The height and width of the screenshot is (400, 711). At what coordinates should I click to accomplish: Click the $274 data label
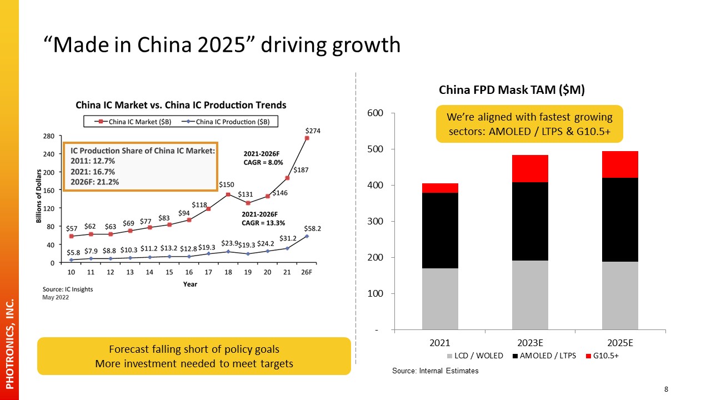click(313, 131)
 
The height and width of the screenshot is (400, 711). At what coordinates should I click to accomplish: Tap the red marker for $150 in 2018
click(228, 194)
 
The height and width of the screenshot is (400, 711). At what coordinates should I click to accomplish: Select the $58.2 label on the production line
click(313, 228)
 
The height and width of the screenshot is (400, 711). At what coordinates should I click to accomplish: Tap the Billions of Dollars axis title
click(39, 199)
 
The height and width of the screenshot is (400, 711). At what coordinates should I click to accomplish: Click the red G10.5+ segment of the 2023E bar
click(530, 168)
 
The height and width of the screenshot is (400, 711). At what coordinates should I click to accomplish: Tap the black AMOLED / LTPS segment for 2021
click(440, 231)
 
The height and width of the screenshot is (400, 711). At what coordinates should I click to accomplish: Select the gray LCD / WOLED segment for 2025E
click(620, 295)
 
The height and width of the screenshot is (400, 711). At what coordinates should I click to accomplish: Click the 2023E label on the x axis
click(530, 343)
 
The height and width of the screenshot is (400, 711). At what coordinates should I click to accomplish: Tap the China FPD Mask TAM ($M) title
click(512, 90)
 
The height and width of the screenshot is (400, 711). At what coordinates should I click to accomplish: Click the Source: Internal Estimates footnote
click(435, 371)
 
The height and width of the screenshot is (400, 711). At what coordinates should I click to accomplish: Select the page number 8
click(666, 389)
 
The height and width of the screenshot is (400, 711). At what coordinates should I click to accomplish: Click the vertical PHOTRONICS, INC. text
click(9, 344)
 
